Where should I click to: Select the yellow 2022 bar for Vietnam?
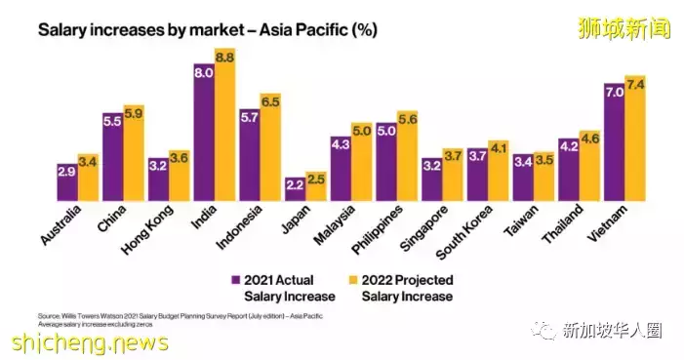click(x=636, y=138)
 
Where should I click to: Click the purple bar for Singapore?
click(x=432, y=179)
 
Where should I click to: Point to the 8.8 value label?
click(x=225, y=59)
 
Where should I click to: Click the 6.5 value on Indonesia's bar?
click(x=270, y=101)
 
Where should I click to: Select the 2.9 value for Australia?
click(x=67, y=172)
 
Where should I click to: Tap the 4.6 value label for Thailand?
click(x=590, y=140)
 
